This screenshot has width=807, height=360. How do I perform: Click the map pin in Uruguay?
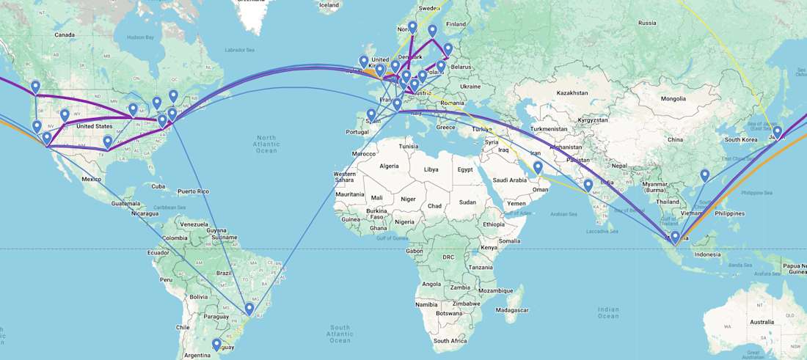click(216, 345)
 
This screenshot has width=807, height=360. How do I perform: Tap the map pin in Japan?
click(777, 133)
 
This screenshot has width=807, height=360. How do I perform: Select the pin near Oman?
click(538, 169)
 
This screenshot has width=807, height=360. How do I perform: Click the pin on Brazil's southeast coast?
click(249, 309)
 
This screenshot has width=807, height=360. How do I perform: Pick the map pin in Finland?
click(432, 32)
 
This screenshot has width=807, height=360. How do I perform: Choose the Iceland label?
click(329, 5)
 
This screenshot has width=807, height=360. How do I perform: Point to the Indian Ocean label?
click(608, 312)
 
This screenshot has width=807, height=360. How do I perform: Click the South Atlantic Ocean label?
click(340, 333)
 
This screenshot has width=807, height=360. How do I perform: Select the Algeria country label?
click(388, 166)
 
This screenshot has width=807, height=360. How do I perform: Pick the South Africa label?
click(450, 341)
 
